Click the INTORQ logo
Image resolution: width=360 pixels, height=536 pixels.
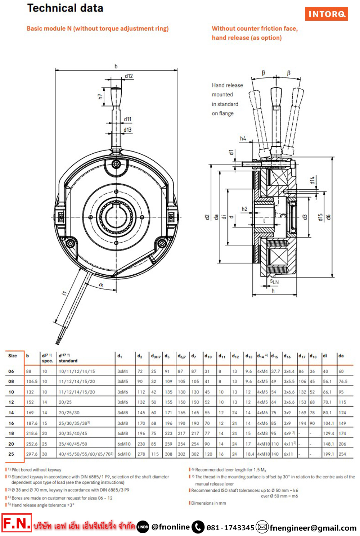pos(326,14)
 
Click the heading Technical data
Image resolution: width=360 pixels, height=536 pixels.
pos(65,8)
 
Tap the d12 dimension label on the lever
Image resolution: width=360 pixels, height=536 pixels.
pos(129,76)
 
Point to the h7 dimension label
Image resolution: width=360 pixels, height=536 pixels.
pos(100,96)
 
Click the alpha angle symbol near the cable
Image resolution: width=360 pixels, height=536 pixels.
pos(101,285)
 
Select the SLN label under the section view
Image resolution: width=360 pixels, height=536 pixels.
pos(274,282)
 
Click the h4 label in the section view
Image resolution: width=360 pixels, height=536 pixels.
pos(243,139)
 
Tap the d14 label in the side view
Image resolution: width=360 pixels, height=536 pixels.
pos(312,180)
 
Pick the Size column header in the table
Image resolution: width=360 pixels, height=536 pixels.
pos(13,356)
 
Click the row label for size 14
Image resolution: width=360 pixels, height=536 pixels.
pos(11,413)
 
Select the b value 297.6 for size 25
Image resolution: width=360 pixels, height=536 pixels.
pos(32,454)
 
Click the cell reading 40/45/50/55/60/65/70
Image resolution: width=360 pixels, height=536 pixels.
pos(86,454)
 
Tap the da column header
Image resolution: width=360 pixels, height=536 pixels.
pos(341,356)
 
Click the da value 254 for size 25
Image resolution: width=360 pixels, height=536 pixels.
pos(342,454)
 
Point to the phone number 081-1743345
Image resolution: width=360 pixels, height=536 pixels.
pos(230,528)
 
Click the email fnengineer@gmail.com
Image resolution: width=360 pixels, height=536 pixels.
pos(313,528)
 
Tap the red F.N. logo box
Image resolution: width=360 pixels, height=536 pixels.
pos(17,523)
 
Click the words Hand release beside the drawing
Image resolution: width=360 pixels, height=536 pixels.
pos(227,85)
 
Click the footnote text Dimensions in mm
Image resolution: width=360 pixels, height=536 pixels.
pos(208,503)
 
